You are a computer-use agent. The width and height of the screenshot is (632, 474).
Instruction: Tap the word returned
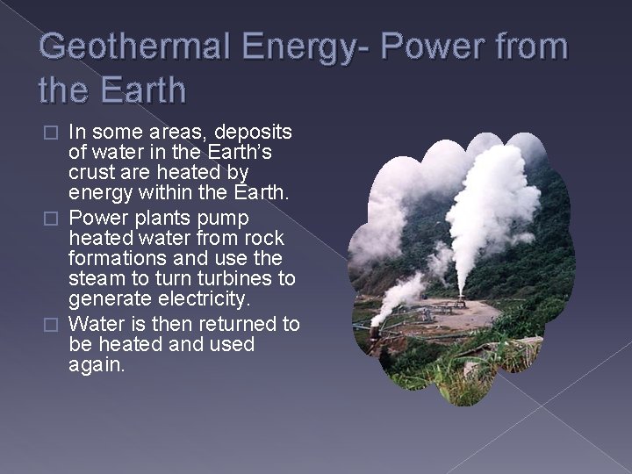tap(237, 324)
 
